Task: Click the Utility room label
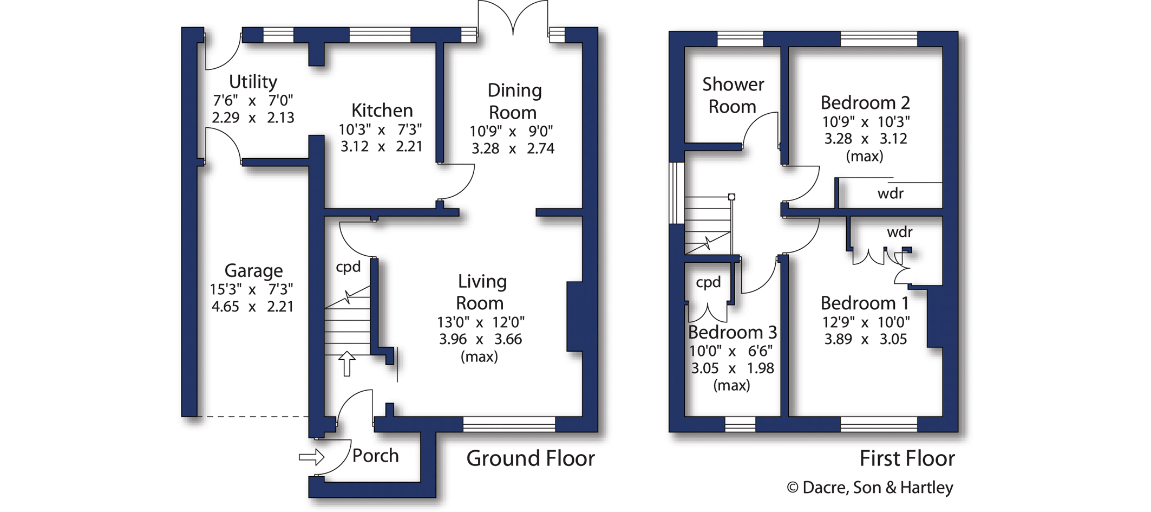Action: pyautogui.click(x=253, y=82)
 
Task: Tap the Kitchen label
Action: pyautogui.click(x=382, y=111)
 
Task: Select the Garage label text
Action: pyautogui.click(x=253, y=270)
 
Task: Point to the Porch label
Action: pyautogui.click(x=375, y=456)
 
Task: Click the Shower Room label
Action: pyautogui.click(x=733, y=95)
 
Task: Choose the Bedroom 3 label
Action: pyautogui.click(x=732, y=332)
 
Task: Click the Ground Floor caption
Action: pyautogui.click(x=531, y=458)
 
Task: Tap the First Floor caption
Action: pyautogui.click(x=907, y=458)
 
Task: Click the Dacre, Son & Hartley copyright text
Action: pyautogui.click(x=870, y=488)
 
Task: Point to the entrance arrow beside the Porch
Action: pyautogui.click(x=311, y=457)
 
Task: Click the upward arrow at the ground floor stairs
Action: pyautogui.click(x=346, y=364)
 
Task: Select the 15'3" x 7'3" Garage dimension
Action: pyautogui.click(x=252, y=289)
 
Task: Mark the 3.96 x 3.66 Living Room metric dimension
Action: pyautogui.click(x=480, y=339)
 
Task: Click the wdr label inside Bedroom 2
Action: pyautogui.click(x=890, y=193)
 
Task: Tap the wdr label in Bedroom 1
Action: pyautogui.click(x=900, y=232)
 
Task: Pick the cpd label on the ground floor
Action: pyautogui.click(x=348, y=267)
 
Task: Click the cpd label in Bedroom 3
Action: pyautogui.click(x=708, y=282)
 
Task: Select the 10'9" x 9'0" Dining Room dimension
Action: pyautogui.click(x=512, y=131)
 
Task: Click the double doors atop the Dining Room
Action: pyautogui.click(x=513, y=18)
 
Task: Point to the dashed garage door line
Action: pyautogui.click(x=253, y=417)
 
